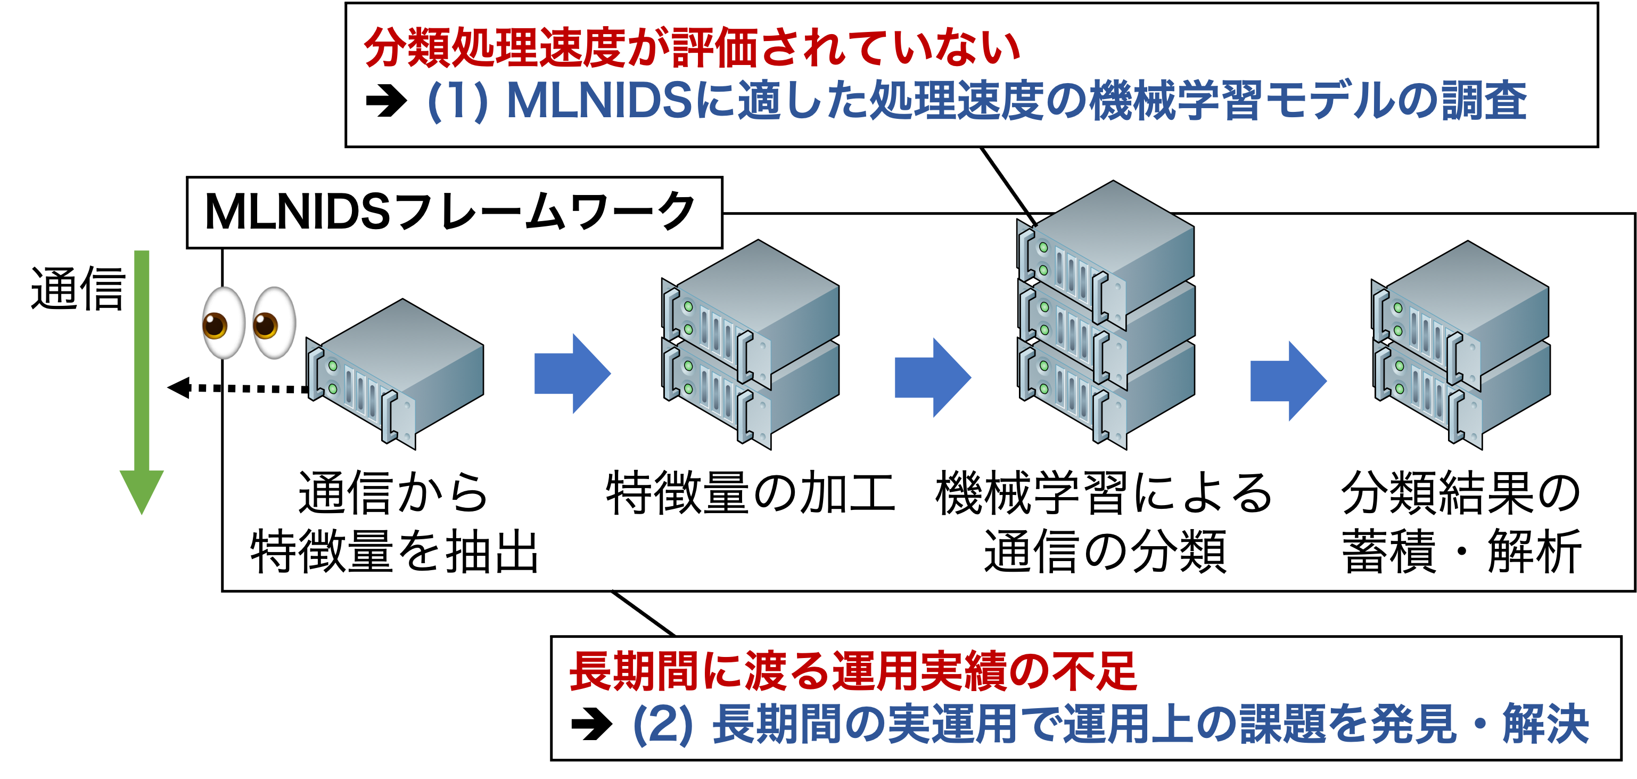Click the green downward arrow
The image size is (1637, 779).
[142, 382]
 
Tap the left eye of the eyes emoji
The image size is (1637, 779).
[223, 323]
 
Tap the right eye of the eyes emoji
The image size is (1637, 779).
[273, 323]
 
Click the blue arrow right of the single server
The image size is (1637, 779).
[572, 374]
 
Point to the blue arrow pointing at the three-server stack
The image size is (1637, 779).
[932, 377]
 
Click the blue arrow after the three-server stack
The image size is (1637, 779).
[1288, 381]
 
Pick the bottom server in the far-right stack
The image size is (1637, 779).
[1462, 394]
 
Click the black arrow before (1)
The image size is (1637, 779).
[386, 102]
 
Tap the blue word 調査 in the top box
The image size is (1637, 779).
[1484, 102]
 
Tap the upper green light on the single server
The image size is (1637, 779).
[332, 366]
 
